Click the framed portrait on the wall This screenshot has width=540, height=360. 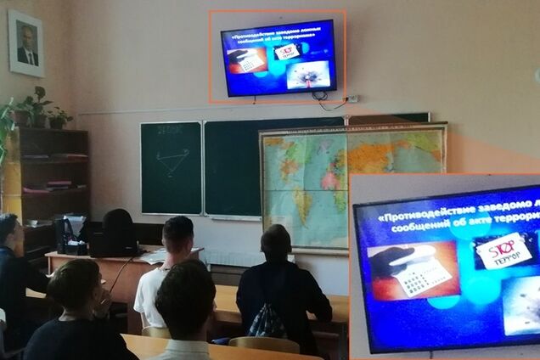click(x=25, y=43)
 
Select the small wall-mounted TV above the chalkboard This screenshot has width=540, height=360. click(x=278, y=57)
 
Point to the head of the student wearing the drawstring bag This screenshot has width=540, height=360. click(x=275, y=243)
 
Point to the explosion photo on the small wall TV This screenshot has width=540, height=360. click(x=305, y=74)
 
